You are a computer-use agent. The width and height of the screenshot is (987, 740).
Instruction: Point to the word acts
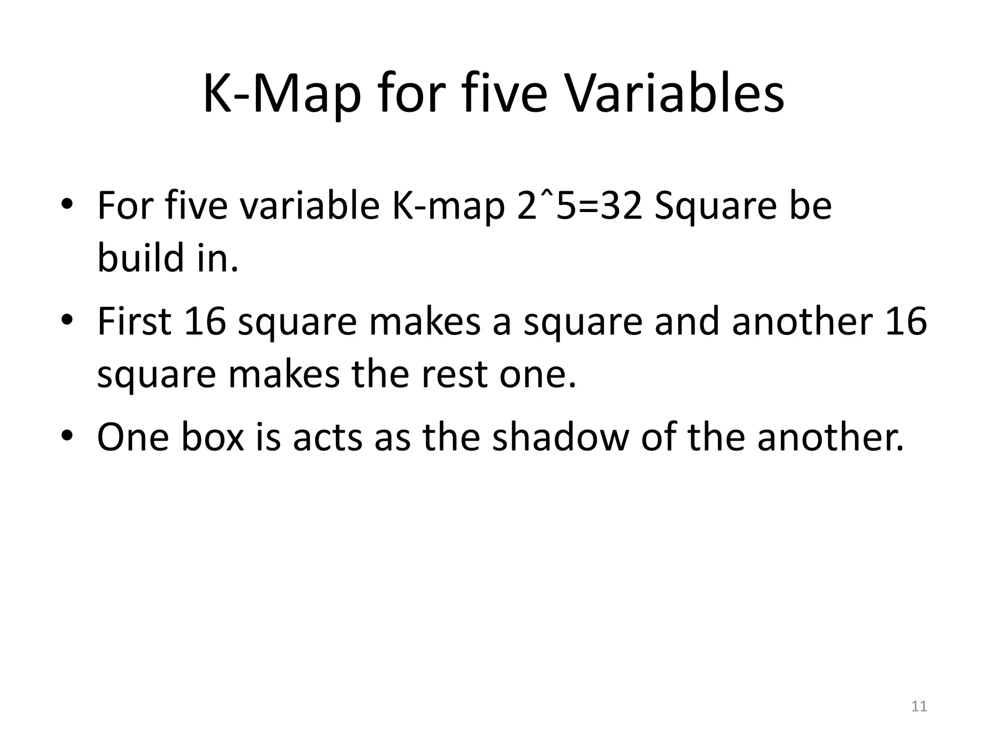tap(327, 437)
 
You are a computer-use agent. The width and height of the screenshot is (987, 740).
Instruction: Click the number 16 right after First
tap(205, 321)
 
